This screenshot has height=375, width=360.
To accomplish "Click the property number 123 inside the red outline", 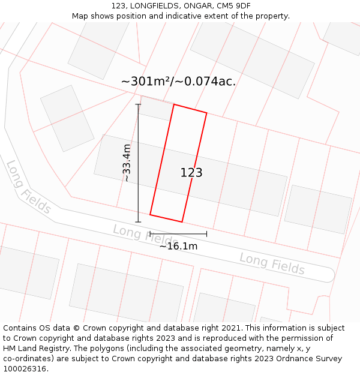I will point(191,173).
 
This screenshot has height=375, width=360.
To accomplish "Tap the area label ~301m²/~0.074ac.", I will point(178,82).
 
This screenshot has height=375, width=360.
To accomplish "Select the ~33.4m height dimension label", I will point(127,163).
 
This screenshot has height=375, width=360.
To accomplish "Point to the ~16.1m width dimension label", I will point(178,245).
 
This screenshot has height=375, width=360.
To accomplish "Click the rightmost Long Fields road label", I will point(272,264).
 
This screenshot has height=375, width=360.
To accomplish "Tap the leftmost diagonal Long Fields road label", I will point(28,187).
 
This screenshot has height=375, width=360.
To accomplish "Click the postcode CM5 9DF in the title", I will point(234,6).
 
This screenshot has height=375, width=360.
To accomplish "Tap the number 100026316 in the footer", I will point(25,369).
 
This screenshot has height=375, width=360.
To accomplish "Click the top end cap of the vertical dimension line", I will point(138,104).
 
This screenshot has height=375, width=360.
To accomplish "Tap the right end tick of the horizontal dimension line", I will point(206,233).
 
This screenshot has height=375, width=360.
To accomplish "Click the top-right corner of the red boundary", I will point(206,113).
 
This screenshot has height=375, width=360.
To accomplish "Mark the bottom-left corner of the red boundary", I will point(150,214).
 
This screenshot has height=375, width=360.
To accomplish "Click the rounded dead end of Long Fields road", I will point(329,275).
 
